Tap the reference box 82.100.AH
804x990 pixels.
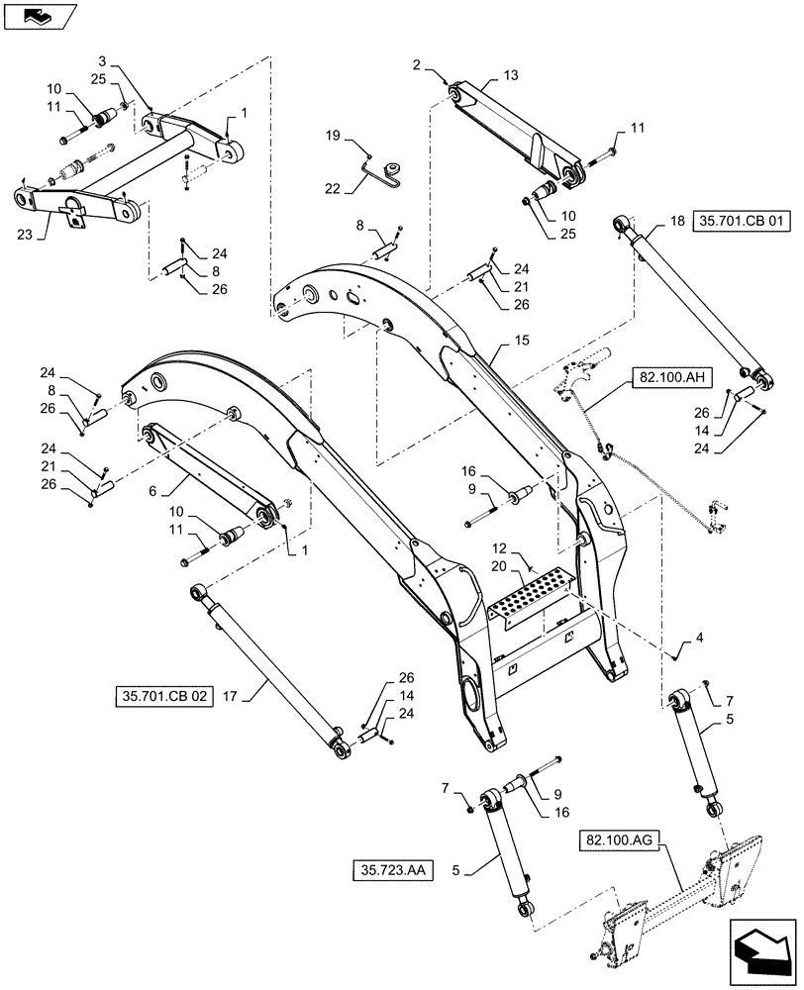[x=664, y=378]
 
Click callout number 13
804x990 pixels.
[x=510, y=75]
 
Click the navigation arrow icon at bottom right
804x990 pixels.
[x=760, y=951]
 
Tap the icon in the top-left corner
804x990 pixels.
[x=37, y=15]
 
